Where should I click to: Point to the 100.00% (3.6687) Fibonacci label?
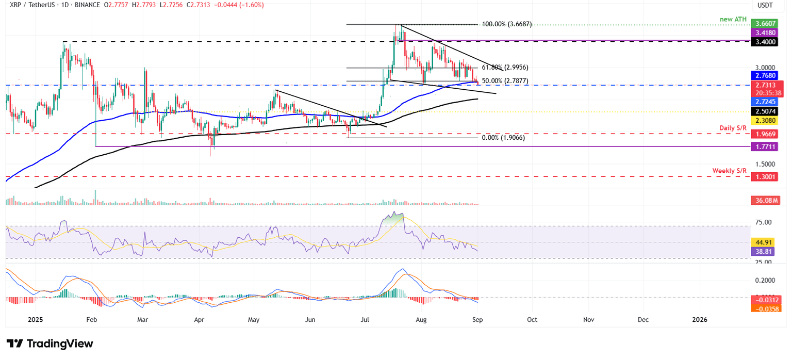click(507, 24)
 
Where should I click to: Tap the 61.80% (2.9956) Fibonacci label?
click(505, 68)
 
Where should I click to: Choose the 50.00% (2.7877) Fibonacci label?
click(505, 81)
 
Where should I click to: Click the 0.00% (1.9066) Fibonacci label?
click(503, 138)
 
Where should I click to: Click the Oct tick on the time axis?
click(532, 320)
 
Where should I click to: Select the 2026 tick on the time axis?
click(700, 320)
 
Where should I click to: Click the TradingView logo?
click(50, 343)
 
